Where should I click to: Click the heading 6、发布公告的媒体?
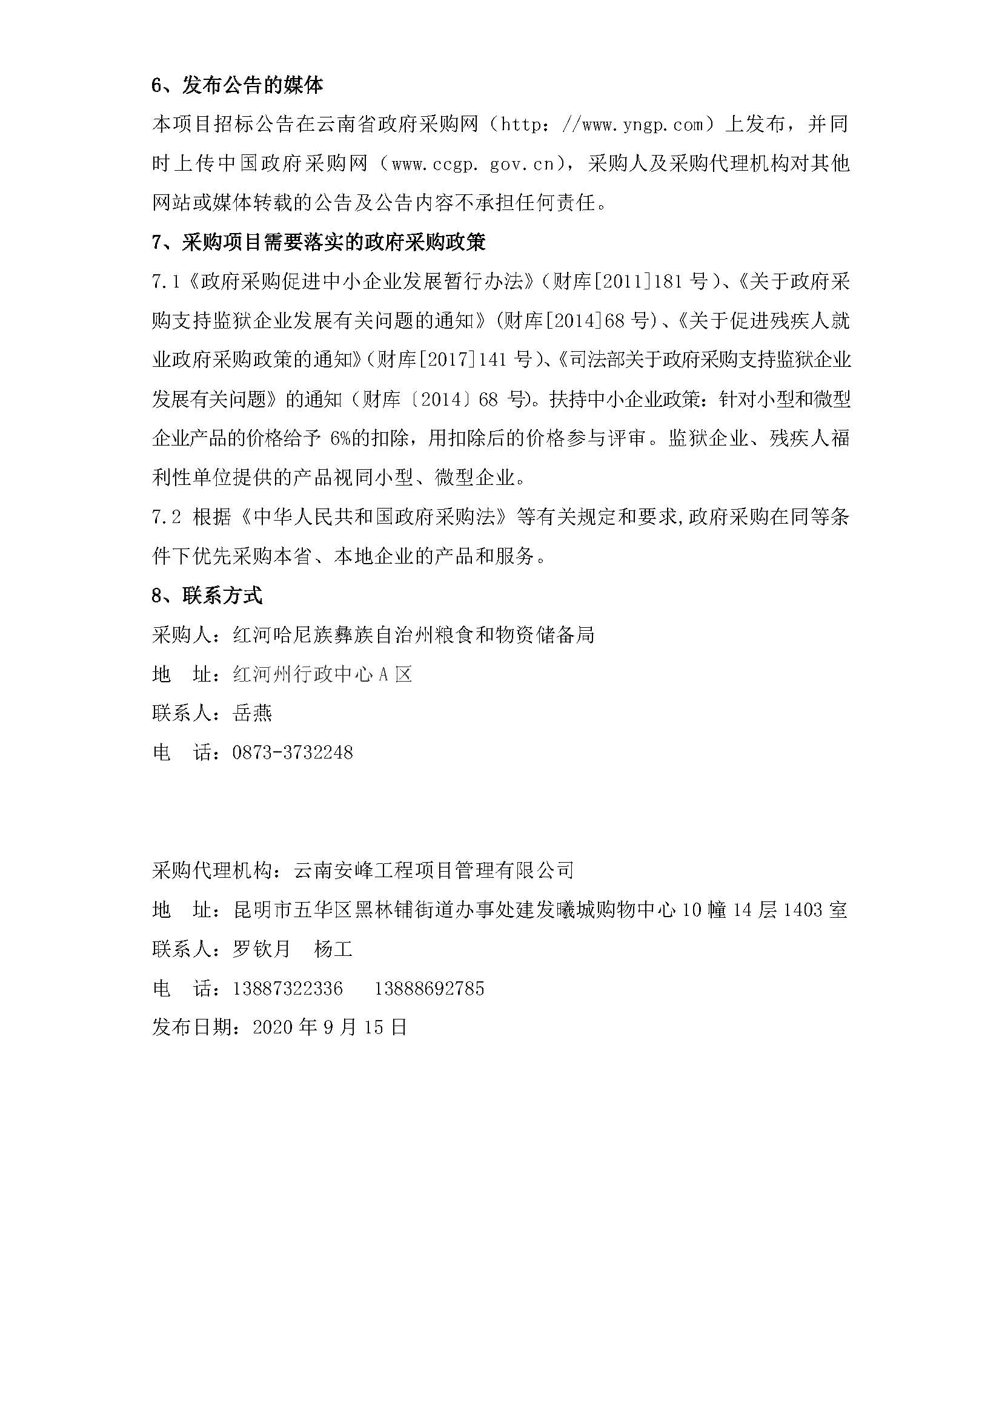pos(237,86)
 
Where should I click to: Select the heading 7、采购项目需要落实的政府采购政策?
pos(319,242)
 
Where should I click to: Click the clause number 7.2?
pos(167,517)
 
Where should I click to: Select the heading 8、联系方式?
pos(207,595)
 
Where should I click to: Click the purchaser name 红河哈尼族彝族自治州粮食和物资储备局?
pos(413,634)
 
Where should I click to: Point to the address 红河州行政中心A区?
pos(322,674)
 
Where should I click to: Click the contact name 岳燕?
pos(253,714)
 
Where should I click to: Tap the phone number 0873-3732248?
pos(293,752)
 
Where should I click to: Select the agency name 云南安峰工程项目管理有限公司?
pos(434,870)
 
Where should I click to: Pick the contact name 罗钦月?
pos(262,949)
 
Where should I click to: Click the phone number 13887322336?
pos(288,989)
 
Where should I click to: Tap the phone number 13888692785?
pos(430,989)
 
